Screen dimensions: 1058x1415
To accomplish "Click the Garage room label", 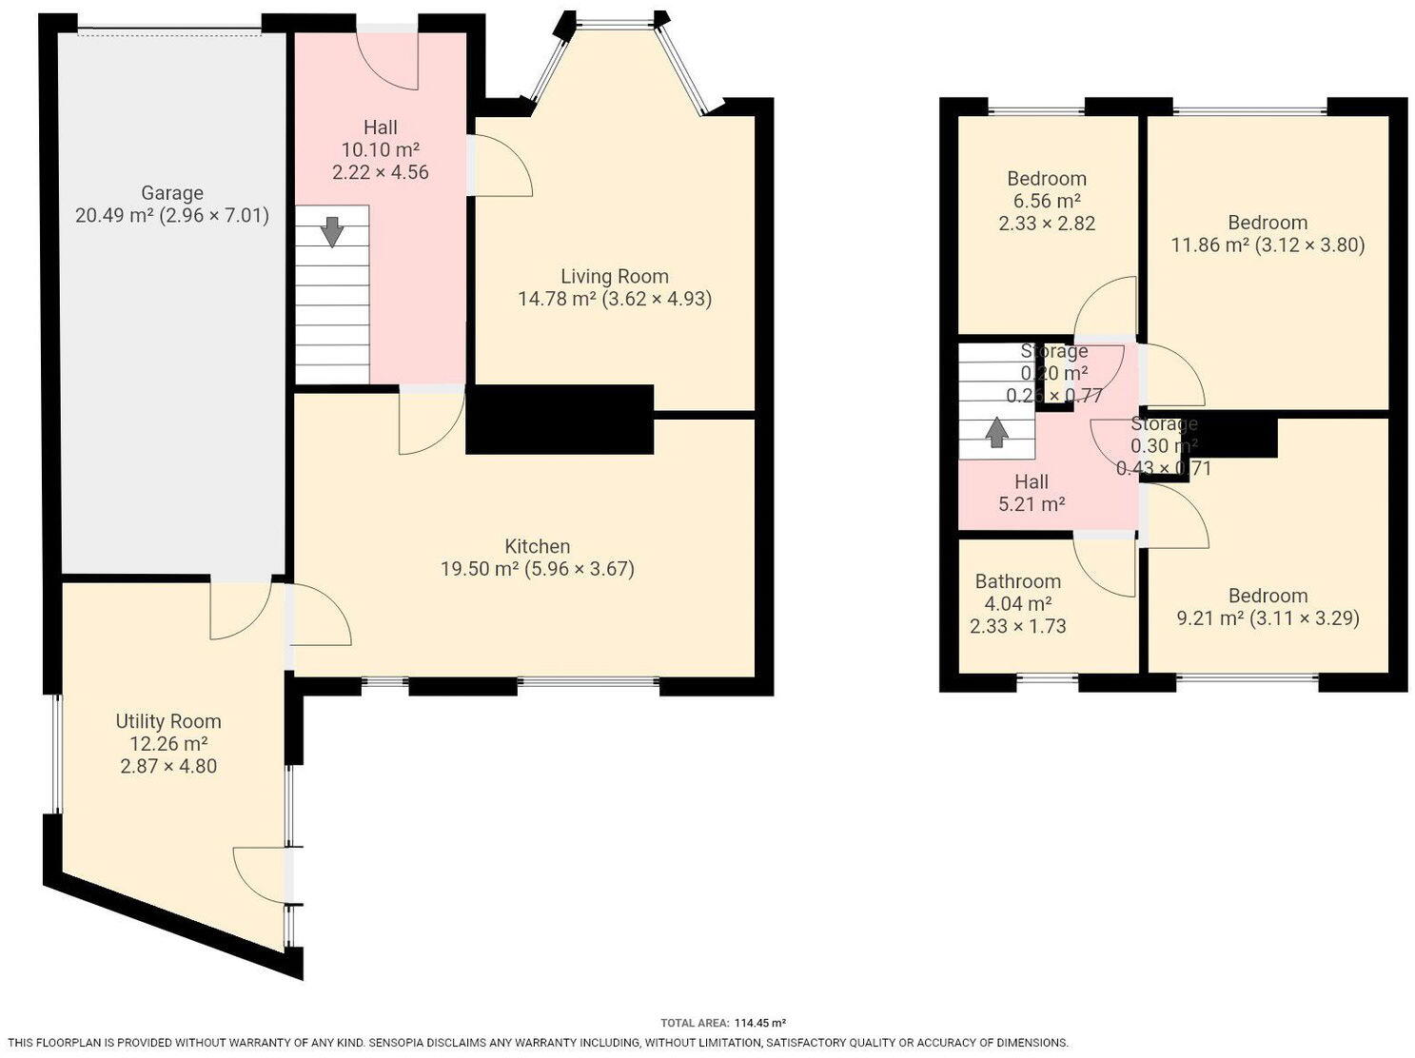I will [172, 193].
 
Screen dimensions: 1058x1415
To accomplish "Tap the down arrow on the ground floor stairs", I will [331, 231].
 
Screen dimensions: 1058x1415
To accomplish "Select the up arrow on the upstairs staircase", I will [996, 433].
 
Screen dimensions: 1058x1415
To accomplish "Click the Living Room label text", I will [614, 277].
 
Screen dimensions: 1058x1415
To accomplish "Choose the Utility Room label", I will [168, 721].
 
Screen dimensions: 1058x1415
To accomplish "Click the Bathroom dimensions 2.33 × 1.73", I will [1017, 626].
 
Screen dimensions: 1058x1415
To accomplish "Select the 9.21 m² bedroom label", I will [1268, 596].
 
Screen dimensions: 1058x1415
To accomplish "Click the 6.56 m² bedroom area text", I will [1046, 201].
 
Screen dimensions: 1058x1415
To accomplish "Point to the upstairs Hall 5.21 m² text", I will [1031, 504].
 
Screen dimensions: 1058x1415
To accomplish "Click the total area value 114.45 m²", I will [759, 1024].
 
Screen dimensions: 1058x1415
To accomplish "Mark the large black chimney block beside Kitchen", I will [560, 419].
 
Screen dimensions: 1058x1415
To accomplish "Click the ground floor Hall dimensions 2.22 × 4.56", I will [380, 172].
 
